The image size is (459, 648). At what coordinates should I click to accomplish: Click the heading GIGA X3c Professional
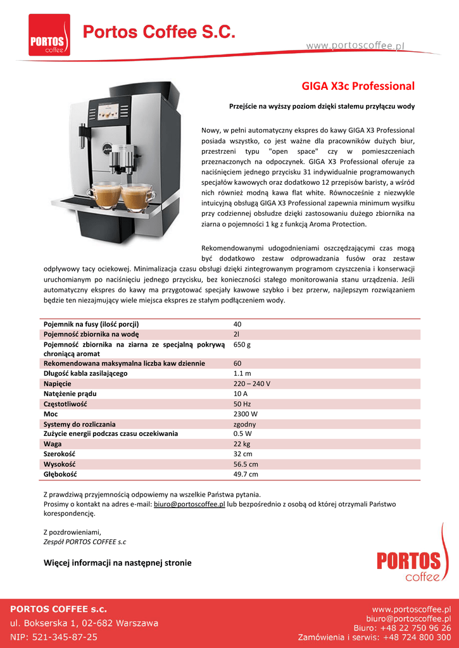click(358, 85)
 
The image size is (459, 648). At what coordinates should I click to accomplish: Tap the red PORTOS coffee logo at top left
click(49, 35)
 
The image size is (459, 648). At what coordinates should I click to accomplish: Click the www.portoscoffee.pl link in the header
click(355, 45)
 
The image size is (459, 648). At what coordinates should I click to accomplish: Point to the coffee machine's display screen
click(111, 112)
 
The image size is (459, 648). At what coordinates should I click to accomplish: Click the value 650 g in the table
click(242, 345)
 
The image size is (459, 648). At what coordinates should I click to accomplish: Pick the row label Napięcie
click(57, 383)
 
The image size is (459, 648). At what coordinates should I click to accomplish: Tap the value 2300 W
click(246, 414)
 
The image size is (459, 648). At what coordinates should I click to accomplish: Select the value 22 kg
click(242, 444)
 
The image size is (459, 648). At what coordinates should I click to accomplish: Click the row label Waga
click(53, 444)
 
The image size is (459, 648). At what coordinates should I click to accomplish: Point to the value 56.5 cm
click(246, 464)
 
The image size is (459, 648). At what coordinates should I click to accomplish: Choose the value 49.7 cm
click(246, 474)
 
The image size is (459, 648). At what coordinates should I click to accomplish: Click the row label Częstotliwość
click(65, 404)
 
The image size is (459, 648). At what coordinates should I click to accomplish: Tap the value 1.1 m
click(242, 373)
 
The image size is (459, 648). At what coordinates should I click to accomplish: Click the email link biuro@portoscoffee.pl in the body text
click(189, 504)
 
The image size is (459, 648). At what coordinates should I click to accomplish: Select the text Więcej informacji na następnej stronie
click(117, 563)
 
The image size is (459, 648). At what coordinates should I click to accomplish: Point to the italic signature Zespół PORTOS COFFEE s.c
click(85, 542)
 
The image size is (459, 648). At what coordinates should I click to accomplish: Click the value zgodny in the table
click(245, 424)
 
